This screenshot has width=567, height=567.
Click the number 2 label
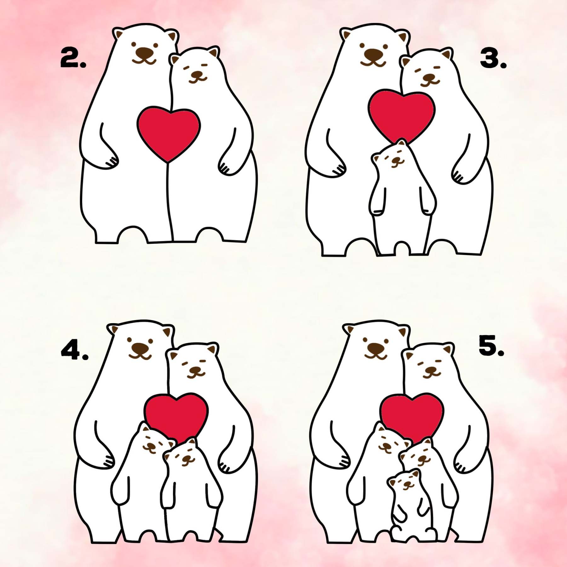72,58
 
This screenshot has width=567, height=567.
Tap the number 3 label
492,59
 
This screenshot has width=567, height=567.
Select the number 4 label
74,350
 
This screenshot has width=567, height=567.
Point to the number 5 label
491,346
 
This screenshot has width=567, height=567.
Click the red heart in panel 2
169,132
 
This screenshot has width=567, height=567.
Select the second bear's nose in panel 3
429,77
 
